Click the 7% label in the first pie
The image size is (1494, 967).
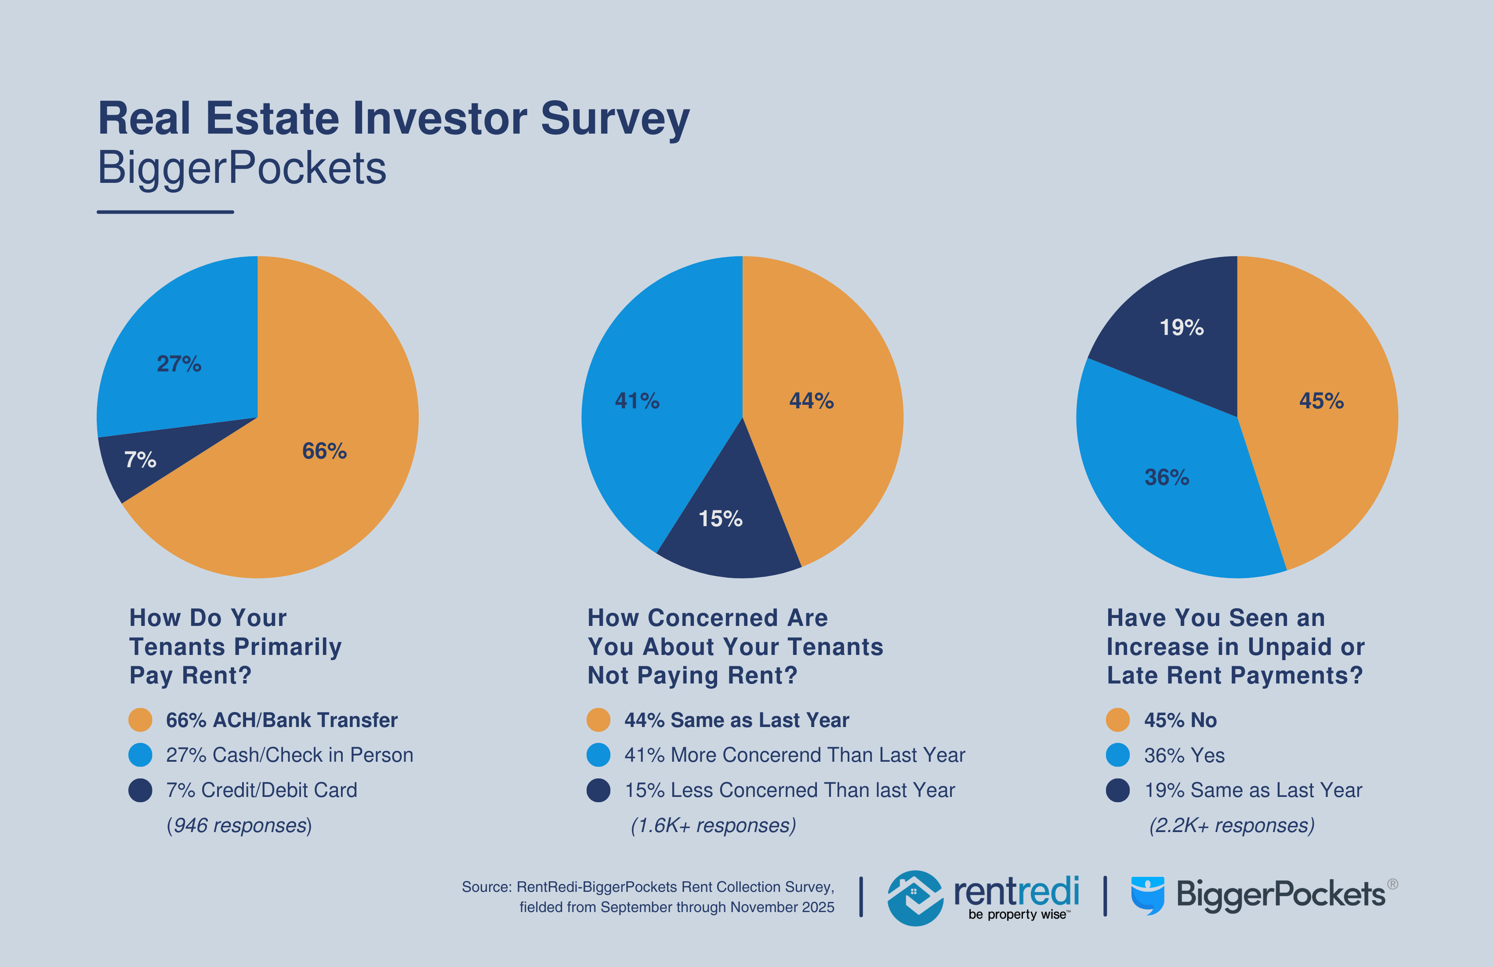[x=140, y=460]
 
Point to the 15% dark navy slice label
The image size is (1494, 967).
[x=721, y=519]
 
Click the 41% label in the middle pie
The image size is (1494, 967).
[x=637, y=400]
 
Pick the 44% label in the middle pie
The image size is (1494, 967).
[x=811, y=400]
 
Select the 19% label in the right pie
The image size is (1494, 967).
[x=1182, y=327]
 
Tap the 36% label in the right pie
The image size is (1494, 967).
[x=1166, y=477]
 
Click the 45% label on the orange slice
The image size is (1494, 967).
[x=1321, y=400]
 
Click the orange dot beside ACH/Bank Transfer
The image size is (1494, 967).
[x=140, y=720]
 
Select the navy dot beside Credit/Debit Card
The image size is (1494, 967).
[x=140, y=790]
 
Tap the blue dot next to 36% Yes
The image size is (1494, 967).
[x=1117, y=755]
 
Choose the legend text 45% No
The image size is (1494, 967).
[x=1180, y=720]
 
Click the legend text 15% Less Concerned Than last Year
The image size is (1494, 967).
[x=790, y=790]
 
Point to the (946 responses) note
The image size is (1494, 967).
[x=239, y=825]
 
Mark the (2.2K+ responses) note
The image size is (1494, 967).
[x=1232, y=825]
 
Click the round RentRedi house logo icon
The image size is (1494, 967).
[x=914, y=898]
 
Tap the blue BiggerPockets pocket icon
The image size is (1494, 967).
[x=1147, y=895]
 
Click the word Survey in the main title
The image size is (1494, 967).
[x=615, y=118]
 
